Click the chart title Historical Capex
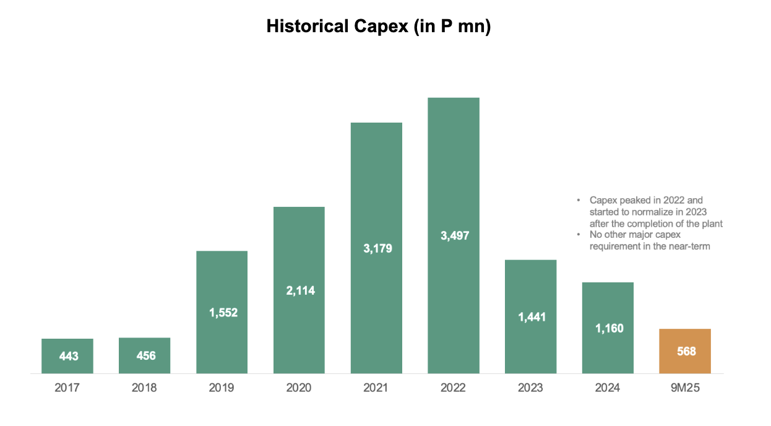378,27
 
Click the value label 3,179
376,248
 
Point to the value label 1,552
222,313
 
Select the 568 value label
685,352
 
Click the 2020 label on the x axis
299,388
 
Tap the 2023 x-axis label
530,388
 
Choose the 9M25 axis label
685,388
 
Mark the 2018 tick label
144,388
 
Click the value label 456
145,356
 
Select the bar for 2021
376,186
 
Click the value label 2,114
299,290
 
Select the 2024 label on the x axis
608,388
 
